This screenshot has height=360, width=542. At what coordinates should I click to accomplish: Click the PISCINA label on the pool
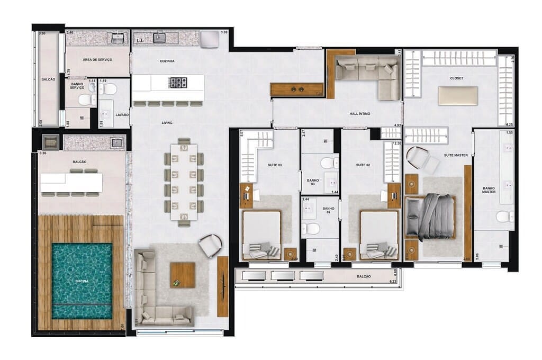tap(82, 282)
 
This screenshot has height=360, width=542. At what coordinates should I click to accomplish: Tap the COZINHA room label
tap(167, 61)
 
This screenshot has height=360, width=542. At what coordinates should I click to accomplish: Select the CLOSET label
tap(456, 78)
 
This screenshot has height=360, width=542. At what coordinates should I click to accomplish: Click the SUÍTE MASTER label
tap(455, 155)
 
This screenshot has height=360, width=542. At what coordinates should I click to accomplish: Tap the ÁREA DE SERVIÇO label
tap(97, 60)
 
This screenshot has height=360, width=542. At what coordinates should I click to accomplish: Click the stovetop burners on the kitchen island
tap(177, 83)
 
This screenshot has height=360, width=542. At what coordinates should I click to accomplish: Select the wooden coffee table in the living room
tap(183, 275)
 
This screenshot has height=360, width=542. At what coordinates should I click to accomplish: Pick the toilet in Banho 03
tap(329, 163)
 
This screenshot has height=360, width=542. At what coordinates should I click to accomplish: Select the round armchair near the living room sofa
tap(211, 245)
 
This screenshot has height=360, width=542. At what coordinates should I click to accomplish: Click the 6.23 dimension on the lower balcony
tap(393, 281)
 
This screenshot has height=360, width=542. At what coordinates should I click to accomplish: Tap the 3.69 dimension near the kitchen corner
tap(224, 33)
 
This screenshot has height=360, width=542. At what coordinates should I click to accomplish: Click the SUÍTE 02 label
tap(363, 166)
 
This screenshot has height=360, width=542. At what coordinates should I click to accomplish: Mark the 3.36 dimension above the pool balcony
tap(43, 154)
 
